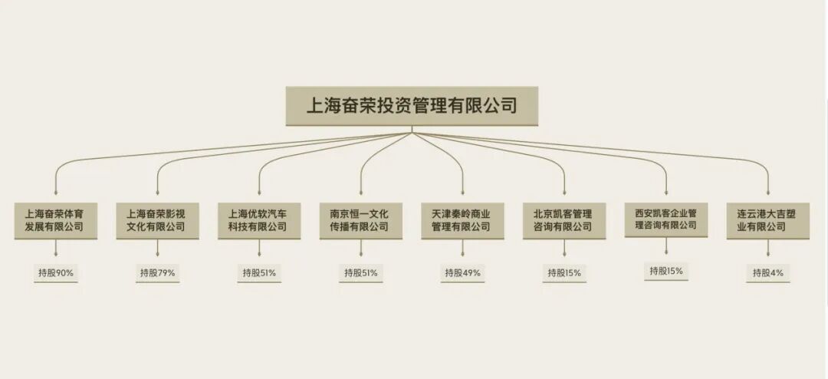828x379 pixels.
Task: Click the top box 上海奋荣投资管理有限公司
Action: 412,106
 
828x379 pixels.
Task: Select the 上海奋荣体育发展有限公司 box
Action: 54,220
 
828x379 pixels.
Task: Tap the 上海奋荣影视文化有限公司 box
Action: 156,220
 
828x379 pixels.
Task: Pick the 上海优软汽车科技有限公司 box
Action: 258,220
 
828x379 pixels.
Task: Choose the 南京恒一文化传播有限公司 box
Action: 360,220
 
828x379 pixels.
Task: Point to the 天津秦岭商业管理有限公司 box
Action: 462,220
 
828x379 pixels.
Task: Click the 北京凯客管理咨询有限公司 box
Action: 563,220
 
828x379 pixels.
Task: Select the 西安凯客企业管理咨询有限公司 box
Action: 665,219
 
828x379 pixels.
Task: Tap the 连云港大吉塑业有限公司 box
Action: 767,220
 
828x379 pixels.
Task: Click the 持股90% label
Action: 55,272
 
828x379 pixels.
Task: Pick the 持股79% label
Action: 157,272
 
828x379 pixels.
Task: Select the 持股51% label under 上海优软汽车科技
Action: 259,272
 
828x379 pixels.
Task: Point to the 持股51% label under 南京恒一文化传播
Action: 360,272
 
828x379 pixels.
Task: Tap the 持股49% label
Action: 462,272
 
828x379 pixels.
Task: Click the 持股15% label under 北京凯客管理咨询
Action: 564,272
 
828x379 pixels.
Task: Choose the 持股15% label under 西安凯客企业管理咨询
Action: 665,271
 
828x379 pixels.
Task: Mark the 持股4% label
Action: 767,272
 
